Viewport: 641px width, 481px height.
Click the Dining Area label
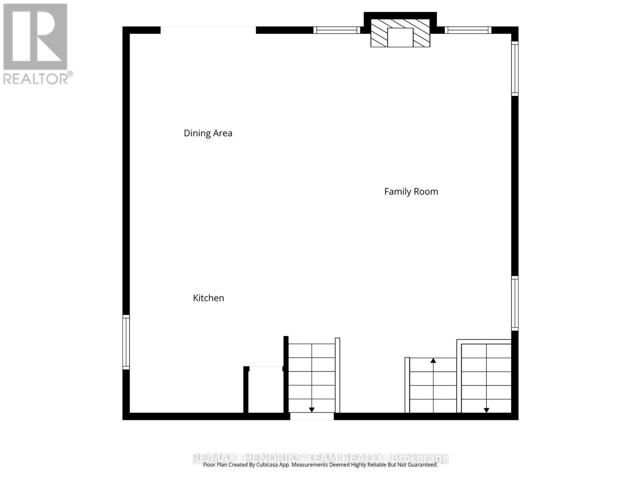(x=208, y=133)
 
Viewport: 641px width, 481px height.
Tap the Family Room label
(x=411, y=192)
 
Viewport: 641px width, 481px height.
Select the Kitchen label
(x=208, y=298)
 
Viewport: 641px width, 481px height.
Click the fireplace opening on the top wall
(x=400, y=37)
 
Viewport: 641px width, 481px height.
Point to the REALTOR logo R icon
(x=35, y=36)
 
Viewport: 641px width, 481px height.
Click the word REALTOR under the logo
(x=36, y=78)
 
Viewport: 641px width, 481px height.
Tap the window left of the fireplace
(x=337, y=30)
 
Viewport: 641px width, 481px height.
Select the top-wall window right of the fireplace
(x=468, y=30)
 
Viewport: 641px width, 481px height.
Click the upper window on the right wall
(x=515, y=69)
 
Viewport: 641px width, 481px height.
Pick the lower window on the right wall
(x=515, y=303)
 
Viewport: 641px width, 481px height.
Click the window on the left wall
(x=126, y=342)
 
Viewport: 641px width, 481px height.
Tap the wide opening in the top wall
(x=208, y=30)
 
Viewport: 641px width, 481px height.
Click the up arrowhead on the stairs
(x=433, y=361)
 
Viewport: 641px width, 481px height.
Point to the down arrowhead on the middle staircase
(x=312, y=410)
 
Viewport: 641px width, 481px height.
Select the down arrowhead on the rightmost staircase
(x=486, y=410)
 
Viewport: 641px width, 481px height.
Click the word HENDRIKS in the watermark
(x=272, y=458)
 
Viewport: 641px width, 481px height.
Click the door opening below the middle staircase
(x=312, y=416)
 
